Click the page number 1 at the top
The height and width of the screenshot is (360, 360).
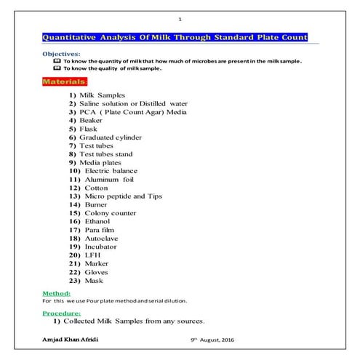tap(180, 18)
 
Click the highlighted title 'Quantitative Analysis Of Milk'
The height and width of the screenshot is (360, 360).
tap(175, 37)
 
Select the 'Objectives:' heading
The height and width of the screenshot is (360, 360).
tap(60, 55)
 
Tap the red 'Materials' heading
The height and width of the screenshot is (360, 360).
tap(63, 82)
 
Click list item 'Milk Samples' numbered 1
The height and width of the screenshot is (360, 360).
tap(102, 95)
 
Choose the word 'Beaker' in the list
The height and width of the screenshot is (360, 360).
tap(91, 120)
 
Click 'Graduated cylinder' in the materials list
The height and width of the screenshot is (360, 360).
tap(111, 137)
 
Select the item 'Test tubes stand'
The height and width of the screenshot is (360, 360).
tap(106, 154)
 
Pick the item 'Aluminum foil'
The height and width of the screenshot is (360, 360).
tap(106, 179)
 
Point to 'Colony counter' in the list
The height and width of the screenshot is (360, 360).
tap(109, 213)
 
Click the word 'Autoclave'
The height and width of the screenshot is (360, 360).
tap(99, 239)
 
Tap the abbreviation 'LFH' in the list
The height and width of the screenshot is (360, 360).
tap(90, 255)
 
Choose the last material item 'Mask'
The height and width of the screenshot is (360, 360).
tap(92, 281)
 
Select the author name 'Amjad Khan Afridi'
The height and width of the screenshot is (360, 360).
tap(70, 340)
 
